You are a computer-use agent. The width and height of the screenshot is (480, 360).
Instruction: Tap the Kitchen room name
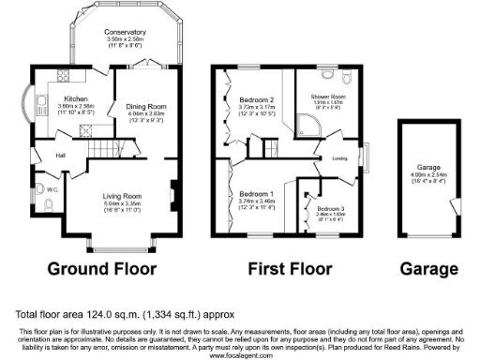point(75,97)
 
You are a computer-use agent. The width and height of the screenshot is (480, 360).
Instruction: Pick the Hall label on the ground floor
point(60,155)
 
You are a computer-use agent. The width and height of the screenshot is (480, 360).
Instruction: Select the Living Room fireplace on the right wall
point(172,195)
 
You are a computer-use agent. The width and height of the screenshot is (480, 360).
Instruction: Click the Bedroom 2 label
point(255,99)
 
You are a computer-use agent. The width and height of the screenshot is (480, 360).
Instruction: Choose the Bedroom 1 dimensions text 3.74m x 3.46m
point(255,201)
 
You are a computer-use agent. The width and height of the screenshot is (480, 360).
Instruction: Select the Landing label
point(340,159)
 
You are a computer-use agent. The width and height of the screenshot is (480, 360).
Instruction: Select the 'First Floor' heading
point(290,270)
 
